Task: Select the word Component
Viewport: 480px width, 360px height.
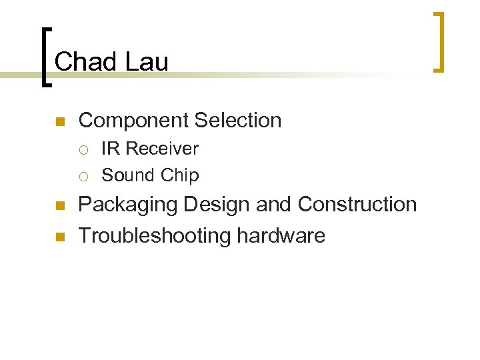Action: (x=133, y=121)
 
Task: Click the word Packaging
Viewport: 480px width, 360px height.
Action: (x=128, y=205)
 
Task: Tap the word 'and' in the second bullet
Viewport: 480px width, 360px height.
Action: (x=273, y=204)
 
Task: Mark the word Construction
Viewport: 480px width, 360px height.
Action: (x=357, y=204)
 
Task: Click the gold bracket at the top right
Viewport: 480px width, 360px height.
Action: (x=439, y=41)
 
